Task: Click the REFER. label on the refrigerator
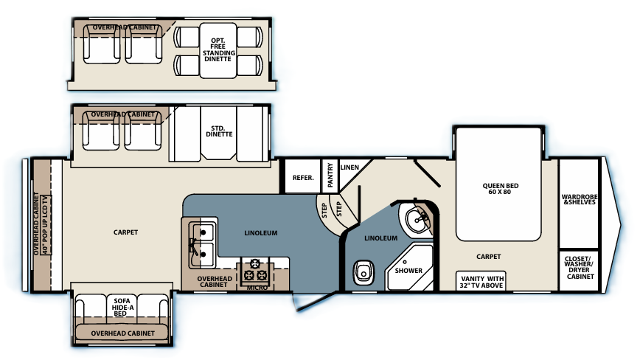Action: point(303,178)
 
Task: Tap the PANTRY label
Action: point(330,175)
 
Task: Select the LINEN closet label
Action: point(349,167)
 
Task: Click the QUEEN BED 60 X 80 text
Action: point(500,189)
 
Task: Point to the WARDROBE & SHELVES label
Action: point(580,199)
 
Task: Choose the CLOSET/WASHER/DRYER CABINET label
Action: point(580,267)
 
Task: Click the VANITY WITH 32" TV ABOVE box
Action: point(481,282)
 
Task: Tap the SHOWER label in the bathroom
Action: point(408,270)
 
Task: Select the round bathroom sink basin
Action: point(417,219)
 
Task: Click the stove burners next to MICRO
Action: point(255,270)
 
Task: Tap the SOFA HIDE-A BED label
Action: point(122,307)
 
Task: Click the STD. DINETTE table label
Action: point(219,131)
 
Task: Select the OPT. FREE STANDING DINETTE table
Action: point(218,51)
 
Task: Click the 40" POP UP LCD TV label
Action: point(45,224)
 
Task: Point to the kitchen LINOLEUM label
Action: point(261,233)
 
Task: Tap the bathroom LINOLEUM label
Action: point(380,238)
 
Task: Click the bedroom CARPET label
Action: point(489,256)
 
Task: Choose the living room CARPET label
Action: point(125,232)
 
